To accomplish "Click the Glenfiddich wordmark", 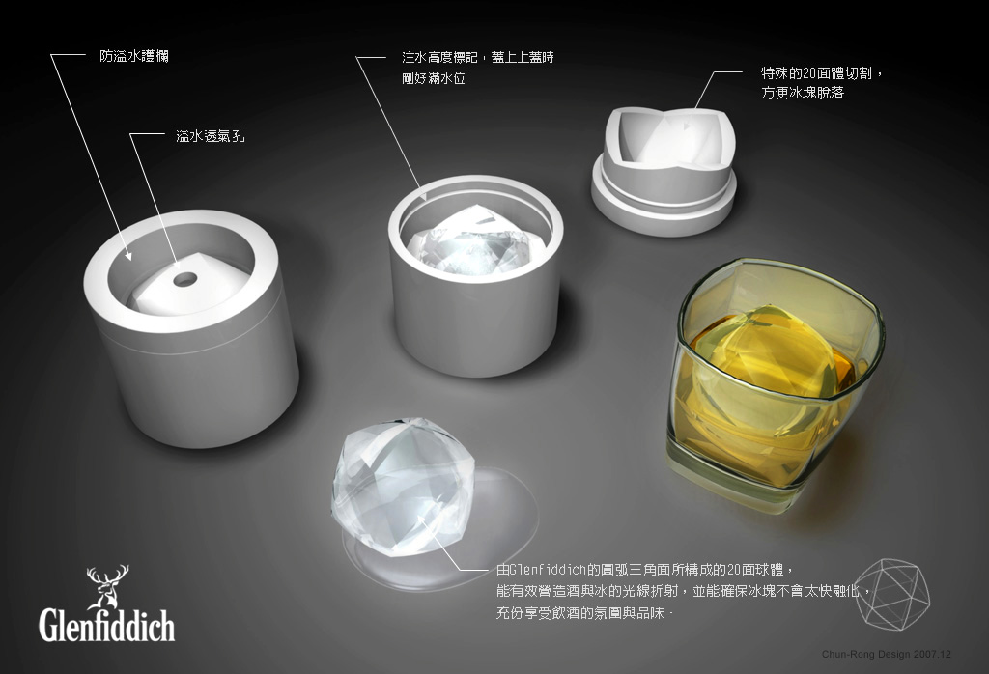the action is (106, 624).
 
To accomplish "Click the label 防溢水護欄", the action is (133, 56).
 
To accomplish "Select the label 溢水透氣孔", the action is (210, 135).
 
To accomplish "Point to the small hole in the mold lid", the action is (184, 279).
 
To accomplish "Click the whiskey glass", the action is (776, 384).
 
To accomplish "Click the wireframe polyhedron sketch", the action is (892, 593).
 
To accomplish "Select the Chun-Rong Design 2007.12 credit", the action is (887, 655).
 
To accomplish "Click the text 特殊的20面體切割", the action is (816, 73).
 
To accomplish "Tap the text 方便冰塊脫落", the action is (803, 94).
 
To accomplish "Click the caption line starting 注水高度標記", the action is (478, 57).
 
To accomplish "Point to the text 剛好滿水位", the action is (434, 79).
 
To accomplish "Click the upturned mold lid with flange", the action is (664, 170).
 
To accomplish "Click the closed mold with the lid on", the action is (191, 328).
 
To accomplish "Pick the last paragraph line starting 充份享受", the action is (584, 613).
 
